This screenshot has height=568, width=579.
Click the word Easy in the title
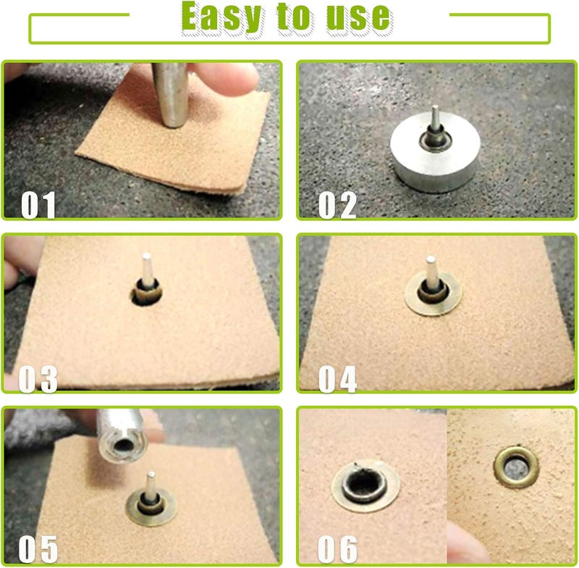point(221,17)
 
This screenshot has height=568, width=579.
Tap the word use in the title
point(358,17)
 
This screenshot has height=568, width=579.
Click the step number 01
point(38,205)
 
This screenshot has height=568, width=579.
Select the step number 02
point(337,205)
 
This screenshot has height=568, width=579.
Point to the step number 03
point(38,379)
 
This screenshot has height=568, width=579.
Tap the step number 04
point(337,379)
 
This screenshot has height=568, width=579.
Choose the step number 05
point(38,549)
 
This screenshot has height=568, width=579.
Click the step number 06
point(337,549)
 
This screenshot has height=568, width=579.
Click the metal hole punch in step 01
point(171,95)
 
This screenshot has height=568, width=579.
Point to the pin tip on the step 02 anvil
point(436,108)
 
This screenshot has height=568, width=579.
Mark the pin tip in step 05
point(151,474)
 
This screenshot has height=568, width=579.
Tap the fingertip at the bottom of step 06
point(465,543)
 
